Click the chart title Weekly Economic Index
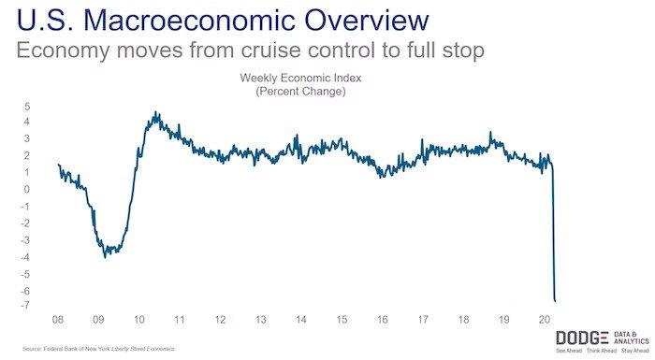tap(300, 79)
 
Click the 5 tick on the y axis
tap(27, 105)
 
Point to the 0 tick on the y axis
tap(27, 190)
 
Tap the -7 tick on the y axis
tap(25, 307)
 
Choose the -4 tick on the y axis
tap(25, 257)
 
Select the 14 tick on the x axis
tap(301, 319)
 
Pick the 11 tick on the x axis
tap(179, 319)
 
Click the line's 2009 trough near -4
tap(105, 255)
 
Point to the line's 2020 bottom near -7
tap(555, 300)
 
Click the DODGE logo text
tap(582, 338)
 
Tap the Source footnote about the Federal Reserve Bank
tap(94, 348)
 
